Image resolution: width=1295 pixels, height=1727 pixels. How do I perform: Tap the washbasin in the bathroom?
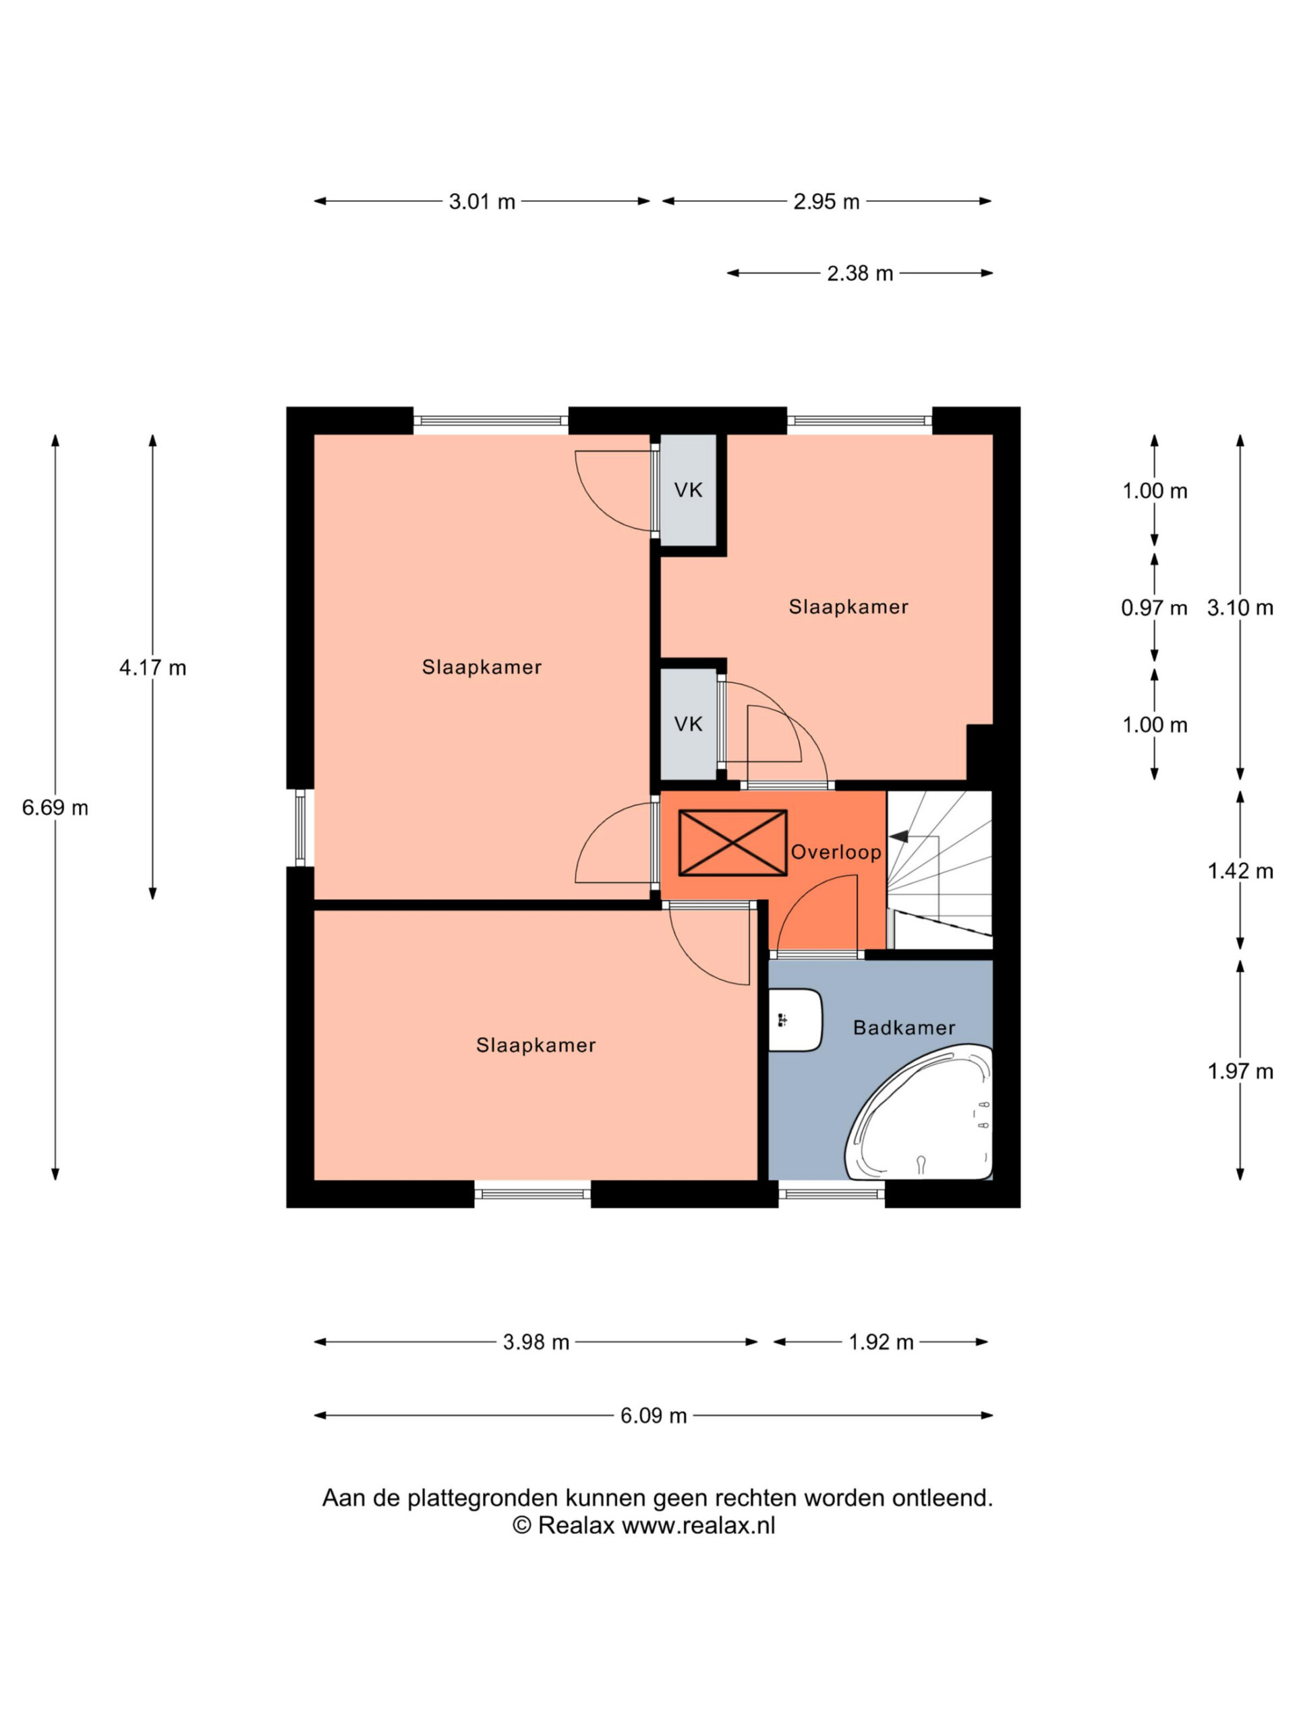tap(795, 1019)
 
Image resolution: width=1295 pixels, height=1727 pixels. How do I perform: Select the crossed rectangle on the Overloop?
tap(732, 843)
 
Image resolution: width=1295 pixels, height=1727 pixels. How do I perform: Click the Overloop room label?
tap(836, 852)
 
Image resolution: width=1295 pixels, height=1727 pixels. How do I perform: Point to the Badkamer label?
tap(904, 1027)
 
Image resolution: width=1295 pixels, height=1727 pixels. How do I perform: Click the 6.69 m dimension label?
tap(55, 808)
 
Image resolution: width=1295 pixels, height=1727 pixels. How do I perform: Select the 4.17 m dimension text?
tap(152, 668)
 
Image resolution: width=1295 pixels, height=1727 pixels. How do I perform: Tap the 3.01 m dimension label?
tap(482, 202)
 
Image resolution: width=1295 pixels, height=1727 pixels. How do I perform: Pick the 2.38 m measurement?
tap(859, 273)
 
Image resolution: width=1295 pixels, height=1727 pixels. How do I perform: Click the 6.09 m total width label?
tap(654, 1415)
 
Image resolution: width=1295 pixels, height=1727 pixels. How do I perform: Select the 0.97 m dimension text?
tap(1154, 607)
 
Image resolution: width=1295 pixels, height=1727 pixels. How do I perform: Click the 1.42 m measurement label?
tap(1240, 872)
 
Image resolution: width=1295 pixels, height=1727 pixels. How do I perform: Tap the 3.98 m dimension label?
tap(536, 1342)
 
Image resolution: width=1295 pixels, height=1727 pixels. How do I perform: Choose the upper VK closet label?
tap(688, 490)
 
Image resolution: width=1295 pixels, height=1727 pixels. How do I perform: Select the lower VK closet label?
tap(688, 725)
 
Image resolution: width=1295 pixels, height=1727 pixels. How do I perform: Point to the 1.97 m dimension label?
tap(1240, 1071)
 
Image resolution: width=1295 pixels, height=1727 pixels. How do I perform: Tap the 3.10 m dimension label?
tap(1240, 607)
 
